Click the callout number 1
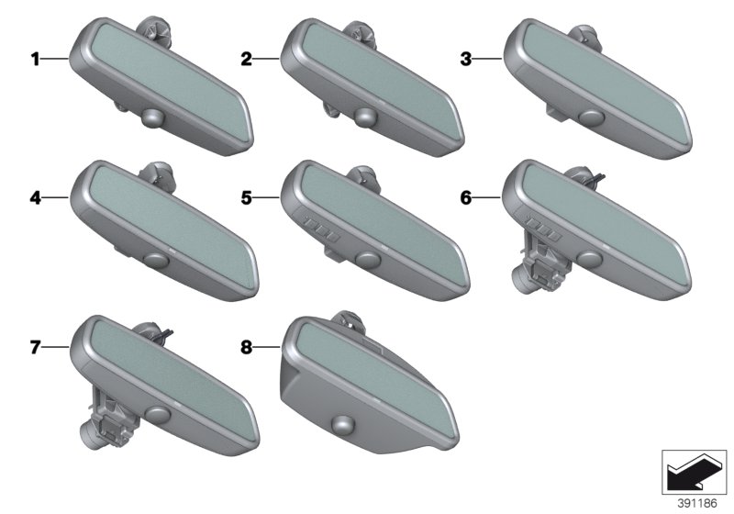pyautogui.click(x=35, y=59)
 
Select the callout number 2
pyautogui.click(x=246, y=59)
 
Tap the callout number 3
pyautogui.click(x=466, y=59)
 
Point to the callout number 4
pyautogui.click(x=35, y=198)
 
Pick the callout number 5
pyautogui.click(x=246, y=198)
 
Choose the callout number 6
pyautogui.click(x=466, y=198)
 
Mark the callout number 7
pyautogui.click(x=35, y=347)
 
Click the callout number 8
pyautogui.click(x=246, y=347)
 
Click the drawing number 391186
pyautogui.click(x=697, y=503)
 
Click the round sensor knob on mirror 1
pyautogui.click(x=153, y=117)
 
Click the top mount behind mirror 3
pyautogui.click(x=584, y=37)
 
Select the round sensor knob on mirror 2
pyautogui.click(x=365, y=117)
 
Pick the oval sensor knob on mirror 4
pyautogui.click(x=155, y=260)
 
